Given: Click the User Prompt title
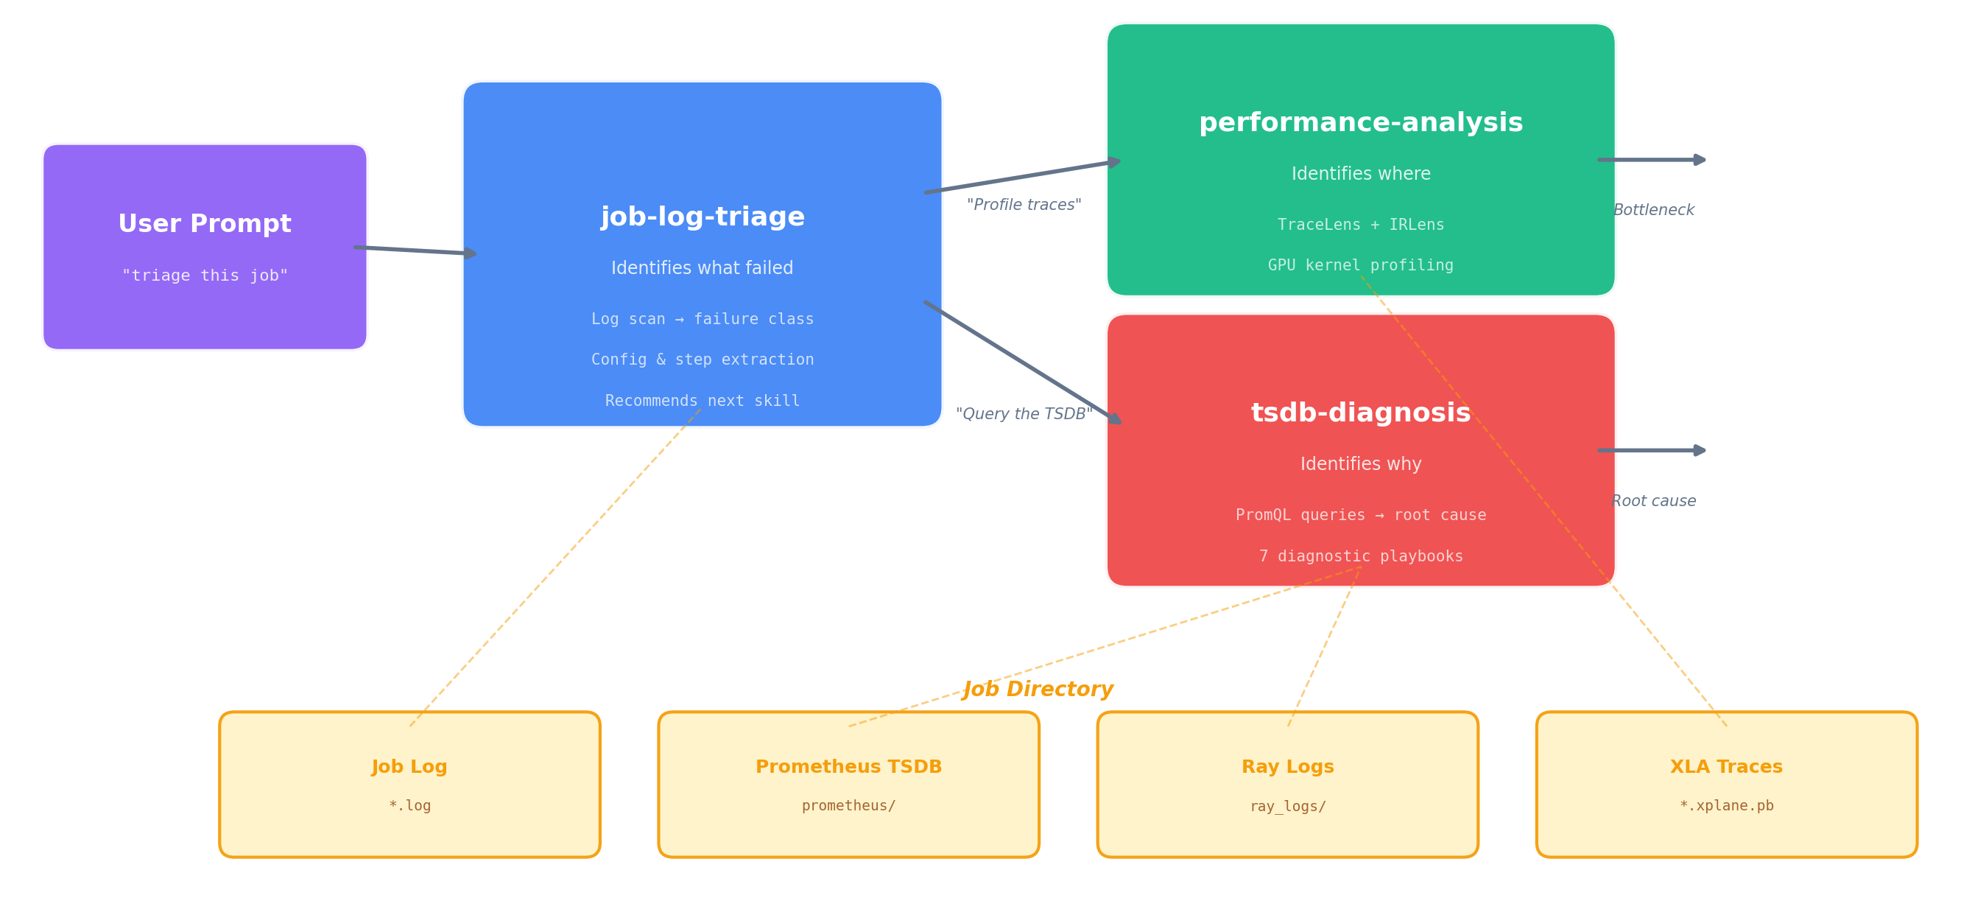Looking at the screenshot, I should click(x=204, y=224).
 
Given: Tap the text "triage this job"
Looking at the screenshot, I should click(x=204, y=276).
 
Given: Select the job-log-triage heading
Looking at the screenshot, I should click(x=702, y=217).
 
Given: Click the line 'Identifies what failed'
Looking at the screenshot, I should click(x=702, y=268).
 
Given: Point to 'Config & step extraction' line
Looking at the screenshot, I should click(x=702, y=360).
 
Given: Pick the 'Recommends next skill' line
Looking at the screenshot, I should click(x=702, y=401).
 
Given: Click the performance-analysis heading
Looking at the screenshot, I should click(x=1360, y=122).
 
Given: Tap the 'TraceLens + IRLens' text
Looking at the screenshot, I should click(x=1360, y=225).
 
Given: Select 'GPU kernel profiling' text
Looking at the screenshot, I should click(x=1360, y=265).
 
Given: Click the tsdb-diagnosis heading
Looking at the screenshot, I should click(x=1360, y=413).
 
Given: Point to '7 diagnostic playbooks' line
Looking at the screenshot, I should click(x=1360, y=556).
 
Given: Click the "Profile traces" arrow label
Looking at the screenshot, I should click(x=1023, y=205).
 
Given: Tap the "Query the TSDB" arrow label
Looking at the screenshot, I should click(x=1023, y=413).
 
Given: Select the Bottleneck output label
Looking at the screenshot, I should click(x=1653, y=210).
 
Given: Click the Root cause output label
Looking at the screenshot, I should click(x=1653, y=501).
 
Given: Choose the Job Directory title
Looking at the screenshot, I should click(x=1038, y=690).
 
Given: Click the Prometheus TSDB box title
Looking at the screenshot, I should click(x=848, y=767).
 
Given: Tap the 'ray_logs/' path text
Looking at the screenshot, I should click(x=1287, y=806).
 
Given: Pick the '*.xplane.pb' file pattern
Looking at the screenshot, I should click(x=1727, y=806).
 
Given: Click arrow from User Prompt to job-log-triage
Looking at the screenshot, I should click(x=415, y=250).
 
